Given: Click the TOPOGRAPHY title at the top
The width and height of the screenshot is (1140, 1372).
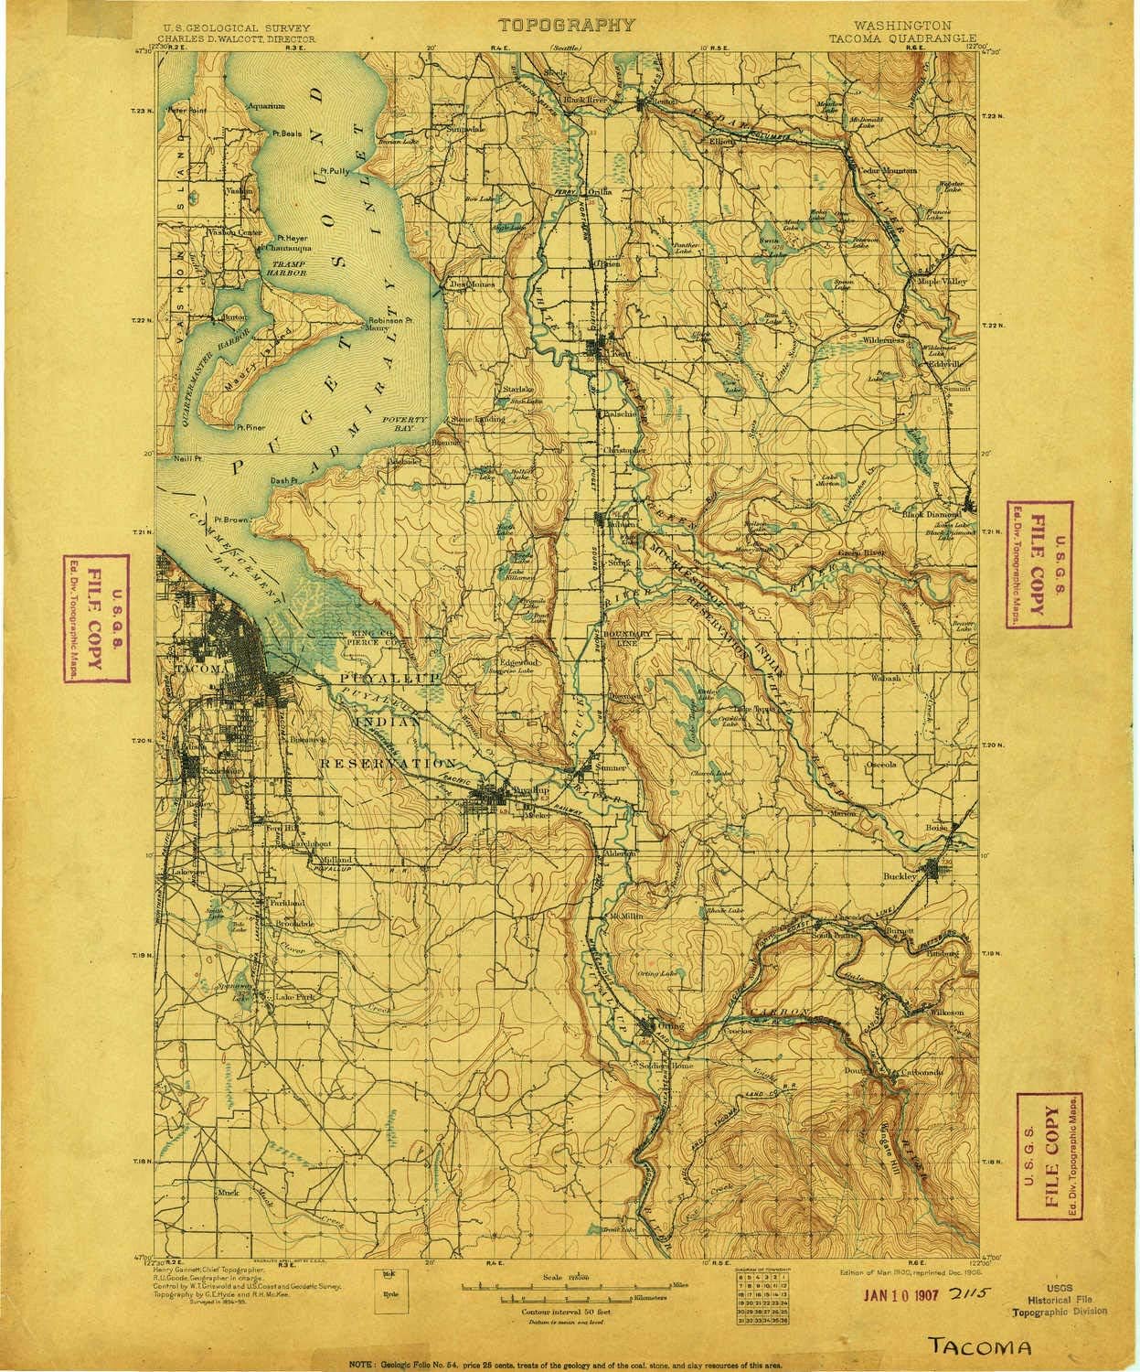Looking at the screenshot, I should pyautogui.click(x=565, y=25).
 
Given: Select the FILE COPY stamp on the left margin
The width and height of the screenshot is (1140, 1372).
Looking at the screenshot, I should pyautogui.click(x=96, y=619).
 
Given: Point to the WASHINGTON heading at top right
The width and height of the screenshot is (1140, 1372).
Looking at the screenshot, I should pyautogui.click(x=902, y=27).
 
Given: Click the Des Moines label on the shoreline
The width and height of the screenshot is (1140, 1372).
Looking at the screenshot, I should pyautogui.click(x=474, y=284).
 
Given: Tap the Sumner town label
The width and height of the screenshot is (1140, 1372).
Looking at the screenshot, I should pyautogui.click(x=610, y=767).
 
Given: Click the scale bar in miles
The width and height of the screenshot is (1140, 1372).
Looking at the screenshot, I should pyautogui.click(x=567, y=1286).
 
